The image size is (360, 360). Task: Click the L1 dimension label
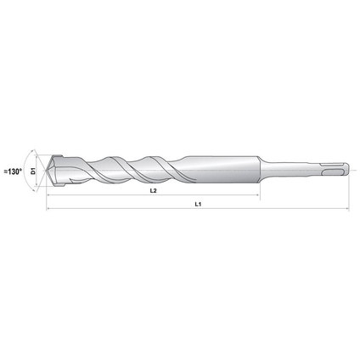(197, 205)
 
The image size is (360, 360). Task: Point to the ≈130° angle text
(12, 172)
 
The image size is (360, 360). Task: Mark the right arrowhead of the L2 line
(256, 195)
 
